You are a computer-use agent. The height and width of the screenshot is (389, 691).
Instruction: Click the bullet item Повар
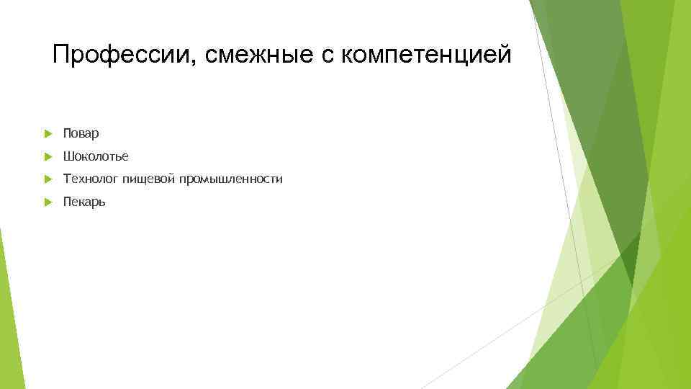click(81, 133)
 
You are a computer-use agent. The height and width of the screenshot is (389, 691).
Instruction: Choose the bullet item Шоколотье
click(95, 156)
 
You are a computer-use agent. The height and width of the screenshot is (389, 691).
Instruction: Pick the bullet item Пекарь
click(83, 202)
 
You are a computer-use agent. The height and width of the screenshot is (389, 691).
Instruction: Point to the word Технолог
click(91, 179)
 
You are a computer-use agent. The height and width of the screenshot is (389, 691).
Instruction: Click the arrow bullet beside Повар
click(47, 133)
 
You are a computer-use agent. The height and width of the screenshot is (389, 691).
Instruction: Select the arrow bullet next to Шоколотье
click(47, 156)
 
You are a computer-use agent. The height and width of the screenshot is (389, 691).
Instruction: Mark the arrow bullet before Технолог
click(47, 179)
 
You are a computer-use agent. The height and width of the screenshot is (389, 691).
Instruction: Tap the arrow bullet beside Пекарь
click(47, 202)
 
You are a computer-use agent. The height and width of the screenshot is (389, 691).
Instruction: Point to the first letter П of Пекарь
click(67, 202)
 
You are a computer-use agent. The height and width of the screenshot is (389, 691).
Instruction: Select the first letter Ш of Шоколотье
click(68, 156)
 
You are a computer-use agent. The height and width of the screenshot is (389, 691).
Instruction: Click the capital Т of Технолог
click(67, 179)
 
